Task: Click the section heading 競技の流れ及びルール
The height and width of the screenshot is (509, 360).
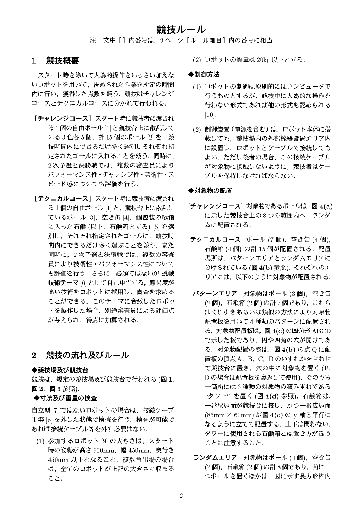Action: tap(87, 355)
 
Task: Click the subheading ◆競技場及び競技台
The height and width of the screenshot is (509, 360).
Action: tap(60, 370)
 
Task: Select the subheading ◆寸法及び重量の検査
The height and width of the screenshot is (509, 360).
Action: tap(65, 398)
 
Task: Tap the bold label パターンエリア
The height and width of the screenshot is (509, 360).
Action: tap(215, 293)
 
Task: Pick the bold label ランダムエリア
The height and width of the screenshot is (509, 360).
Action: tap(215, 458)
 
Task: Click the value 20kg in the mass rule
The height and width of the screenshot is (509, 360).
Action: tap(264, 60)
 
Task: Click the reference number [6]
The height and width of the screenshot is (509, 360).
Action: tap(84, 282)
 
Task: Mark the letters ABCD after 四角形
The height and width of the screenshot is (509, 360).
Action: tap(321, 331)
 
